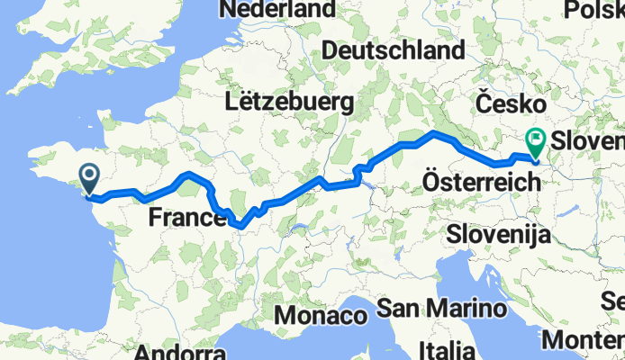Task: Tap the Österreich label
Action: coord(481,183)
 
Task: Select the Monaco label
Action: coord(321,316)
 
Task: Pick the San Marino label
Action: coord(439,309)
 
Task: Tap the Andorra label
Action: coord(178,352)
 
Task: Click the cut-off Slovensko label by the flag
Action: coord(588,141)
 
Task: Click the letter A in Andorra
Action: coord(141,352)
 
